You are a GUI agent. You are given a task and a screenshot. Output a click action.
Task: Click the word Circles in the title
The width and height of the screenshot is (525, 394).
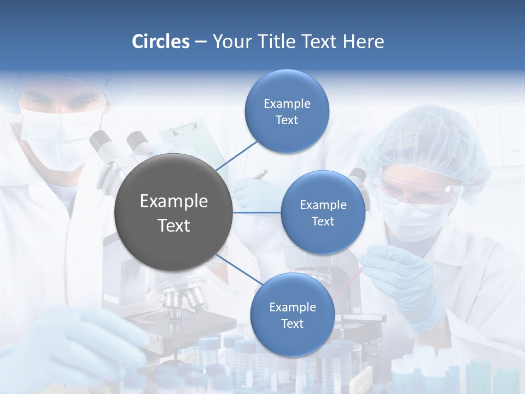point(161,42)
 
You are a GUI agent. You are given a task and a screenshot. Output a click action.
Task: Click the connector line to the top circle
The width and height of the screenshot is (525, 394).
point(236,155)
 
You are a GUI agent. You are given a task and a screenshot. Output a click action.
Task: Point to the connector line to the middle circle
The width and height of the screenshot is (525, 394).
point(257,212)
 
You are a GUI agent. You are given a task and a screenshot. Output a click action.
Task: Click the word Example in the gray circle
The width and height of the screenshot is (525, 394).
point(174,201)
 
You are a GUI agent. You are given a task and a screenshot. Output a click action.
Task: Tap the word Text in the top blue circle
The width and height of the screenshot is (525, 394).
point(287,120)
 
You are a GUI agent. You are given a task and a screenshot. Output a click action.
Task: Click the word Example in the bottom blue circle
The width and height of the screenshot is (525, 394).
point(292,308)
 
